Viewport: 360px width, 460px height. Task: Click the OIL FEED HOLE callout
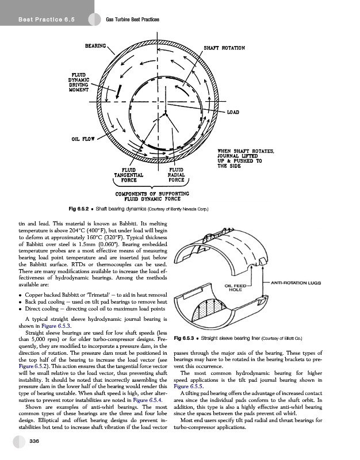point(236,287)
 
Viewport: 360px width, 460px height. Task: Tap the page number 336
point(33,441)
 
